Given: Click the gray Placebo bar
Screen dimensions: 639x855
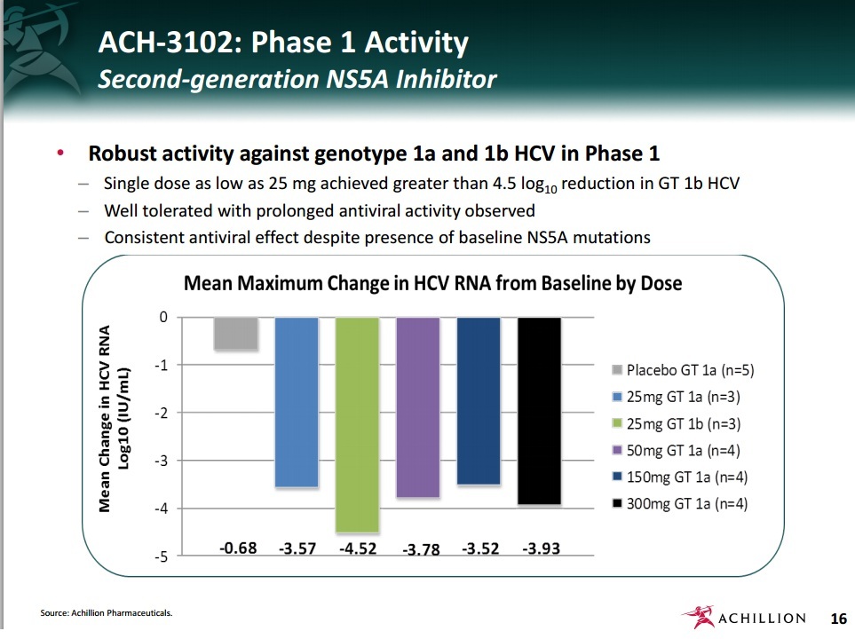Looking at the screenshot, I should [x=236, y=334].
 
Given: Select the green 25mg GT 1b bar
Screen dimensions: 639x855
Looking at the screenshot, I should [x=357, y=423].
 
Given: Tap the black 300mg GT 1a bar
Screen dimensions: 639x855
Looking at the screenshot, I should [x=540, y=410].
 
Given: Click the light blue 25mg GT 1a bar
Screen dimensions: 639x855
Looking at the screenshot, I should [x=297, y=401].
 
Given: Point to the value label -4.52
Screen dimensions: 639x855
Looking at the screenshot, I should [x=358, y=548].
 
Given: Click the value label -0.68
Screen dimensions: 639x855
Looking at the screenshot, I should [x=238, y=548].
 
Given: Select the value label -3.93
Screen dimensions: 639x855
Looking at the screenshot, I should [x=541, y=548].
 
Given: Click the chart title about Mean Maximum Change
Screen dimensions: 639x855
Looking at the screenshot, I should [x=432, y=284].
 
